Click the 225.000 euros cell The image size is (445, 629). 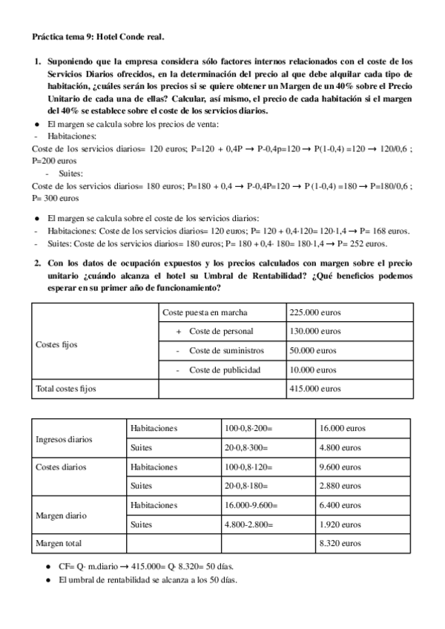coord(315,312)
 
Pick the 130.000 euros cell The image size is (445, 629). coord(315,331)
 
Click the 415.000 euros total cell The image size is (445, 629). coord(315,388)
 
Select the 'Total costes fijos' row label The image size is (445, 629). coord(66,388)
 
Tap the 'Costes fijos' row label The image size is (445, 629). coord(56,345)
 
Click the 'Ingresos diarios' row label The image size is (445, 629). coord(64,438)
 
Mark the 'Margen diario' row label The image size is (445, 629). coord(60,515)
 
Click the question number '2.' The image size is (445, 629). coord(39,263)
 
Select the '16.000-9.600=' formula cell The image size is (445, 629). coord(251,505)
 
